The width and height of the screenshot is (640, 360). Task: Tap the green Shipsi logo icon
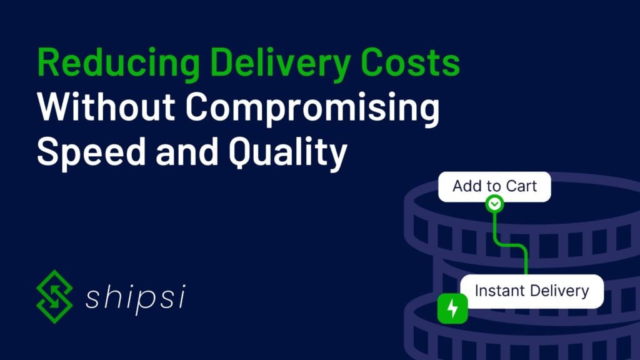pos(55,297)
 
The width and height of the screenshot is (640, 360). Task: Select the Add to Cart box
pos(494,186)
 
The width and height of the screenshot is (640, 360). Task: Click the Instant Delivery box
pos(531,291)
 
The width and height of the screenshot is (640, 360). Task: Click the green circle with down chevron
pos(494,204)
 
